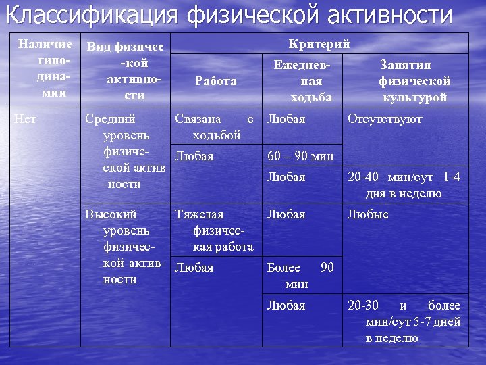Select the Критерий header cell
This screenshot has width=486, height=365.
tap(319, 45)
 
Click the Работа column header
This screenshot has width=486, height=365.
tap(216, 81)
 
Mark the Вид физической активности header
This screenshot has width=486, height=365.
tap(125, 72)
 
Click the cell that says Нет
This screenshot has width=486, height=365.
tap(26, 120)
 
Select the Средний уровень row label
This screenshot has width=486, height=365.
tap(125, 151)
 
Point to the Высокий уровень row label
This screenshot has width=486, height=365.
tap(125, 247)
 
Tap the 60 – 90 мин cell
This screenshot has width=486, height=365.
tap(300, 156)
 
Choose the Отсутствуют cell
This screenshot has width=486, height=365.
tap(385, 120)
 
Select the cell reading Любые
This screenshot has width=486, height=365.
tap(368, 215)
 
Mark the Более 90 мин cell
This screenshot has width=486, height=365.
tap(300, 275)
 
